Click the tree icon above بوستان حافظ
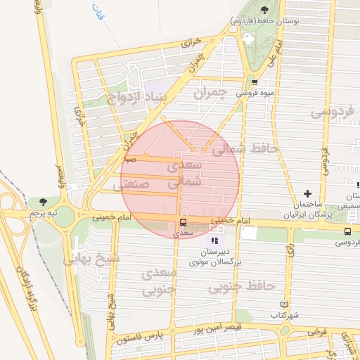[x=264, y=10]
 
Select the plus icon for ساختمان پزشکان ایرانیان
[x=307, y=193]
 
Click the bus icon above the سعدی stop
[x=184, y=224]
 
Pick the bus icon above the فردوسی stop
[x=347, y=231]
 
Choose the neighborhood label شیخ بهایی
[x=92, y=259]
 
